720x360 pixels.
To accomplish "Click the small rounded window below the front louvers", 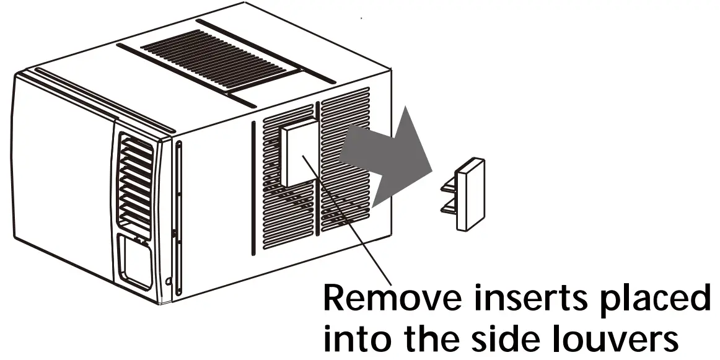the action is pyautogui.click(x=134, y=263).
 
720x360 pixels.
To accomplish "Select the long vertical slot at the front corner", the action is pyautogui.click(x=178, y=217).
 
